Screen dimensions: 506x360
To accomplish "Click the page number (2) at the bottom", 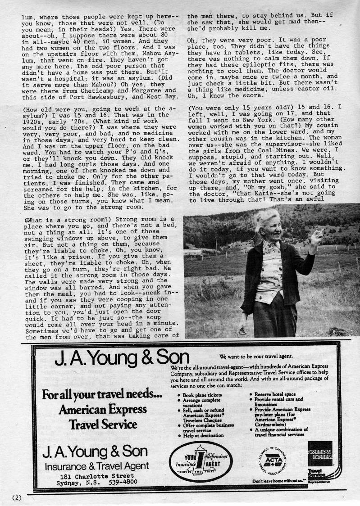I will (x=16, y=497).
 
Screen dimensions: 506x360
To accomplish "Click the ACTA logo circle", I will (x=273, y=460).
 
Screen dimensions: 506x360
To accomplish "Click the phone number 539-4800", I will (x=123, y=482).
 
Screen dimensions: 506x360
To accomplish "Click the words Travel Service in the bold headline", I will (x=103, y=424).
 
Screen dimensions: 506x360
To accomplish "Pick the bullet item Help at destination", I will (x=203, y=435).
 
